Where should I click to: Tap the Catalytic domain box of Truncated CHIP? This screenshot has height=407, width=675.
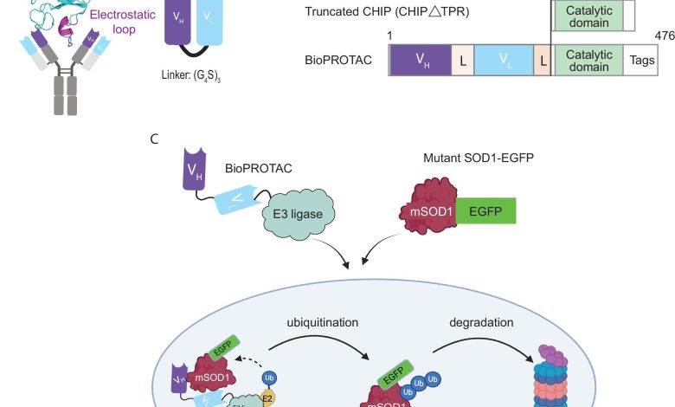pos(588,16)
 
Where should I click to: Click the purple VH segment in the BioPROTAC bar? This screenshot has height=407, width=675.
pos(421,60)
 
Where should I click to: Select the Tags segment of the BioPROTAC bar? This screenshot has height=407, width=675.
pos(641,60)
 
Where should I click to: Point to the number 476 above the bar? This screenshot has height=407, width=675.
pos(665,35)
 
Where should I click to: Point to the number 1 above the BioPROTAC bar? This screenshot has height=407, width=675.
pos(391,35)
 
